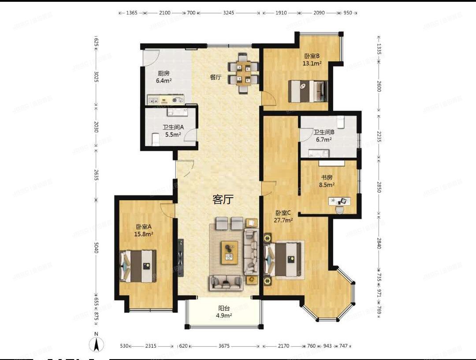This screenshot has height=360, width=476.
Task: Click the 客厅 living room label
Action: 223,200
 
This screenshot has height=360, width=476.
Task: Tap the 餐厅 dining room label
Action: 215,77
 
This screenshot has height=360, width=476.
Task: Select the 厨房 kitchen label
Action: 164,74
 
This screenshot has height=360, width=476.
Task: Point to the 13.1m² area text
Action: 312,63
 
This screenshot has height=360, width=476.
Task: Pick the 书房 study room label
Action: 327,178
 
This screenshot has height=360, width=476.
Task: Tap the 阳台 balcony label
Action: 224,309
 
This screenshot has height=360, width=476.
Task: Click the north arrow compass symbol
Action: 97,343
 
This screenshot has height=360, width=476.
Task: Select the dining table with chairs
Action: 243,73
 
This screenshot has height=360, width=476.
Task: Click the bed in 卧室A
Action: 139,265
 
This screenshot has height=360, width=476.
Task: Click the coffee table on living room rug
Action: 230,252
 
